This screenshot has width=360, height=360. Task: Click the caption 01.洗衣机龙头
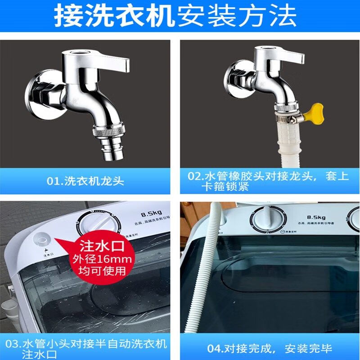pyautogui.click(x=85, y=182)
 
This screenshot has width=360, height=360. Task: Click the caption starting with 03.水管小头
pyautogui.click(x=85, y=349)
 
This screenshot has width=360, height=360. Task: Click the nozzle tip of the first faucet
pyautogui.click(x=111, y=153)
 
